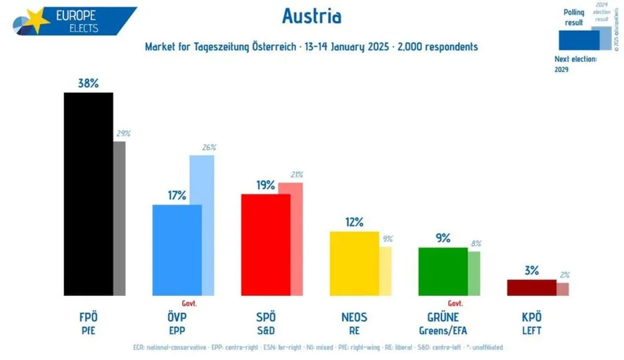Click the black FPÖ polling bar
(x=88, y=193)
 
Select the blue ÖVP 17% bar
(x=177, y=249)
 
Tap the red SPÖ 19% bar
(x=265, y=244)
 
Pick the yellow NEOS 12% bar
(x=354, y=263)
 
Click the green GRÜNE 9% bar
(x=443, y=271)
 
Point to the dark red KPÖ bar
(x=531, y=287)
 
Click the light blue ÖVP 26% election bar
(x=202, y=225)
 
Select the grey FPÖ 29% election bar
(x=119, y=218)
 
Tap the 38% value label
(x=88, y=83)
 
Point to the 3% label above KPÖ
(x=531, y=270)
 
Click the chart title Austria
(x=311, y=17)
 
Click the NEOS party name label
(x=354, y=317)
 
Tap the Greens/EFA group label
(x=443, y=329)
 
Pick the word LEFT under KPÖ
(x=531, y=329)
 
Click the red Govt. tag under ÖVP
(x=189, y=302)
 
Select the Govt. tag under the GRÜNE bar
(x=455, y=302)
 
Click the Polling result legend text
(x=573, y=17)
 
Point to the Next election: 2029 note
(x=575, y=64)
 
